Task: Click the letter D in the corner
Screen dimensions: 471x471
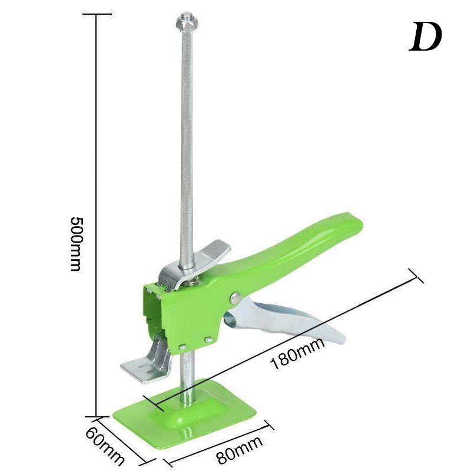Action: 425,37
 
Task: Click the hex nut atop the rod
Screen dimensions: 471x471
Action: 187,24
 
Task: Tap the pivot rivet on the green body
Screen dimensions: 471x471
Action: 236,298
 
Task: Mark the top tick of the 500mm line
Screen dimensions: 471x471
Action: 96,15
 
